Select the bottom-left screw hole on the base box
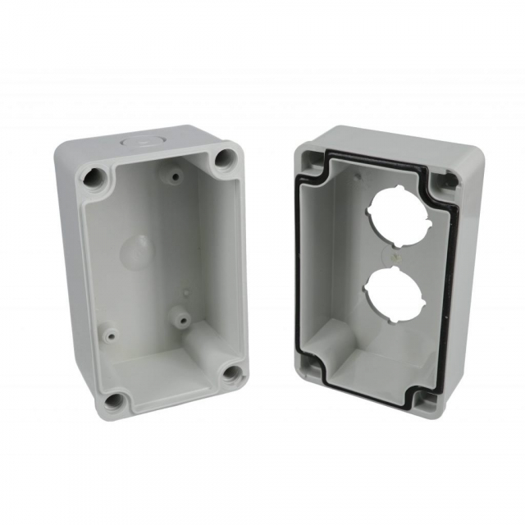click(x=114, y=401)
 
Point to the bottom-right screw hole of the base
click(x=232, y=373)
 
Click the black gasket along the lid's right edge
click(x=447, y=287)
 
